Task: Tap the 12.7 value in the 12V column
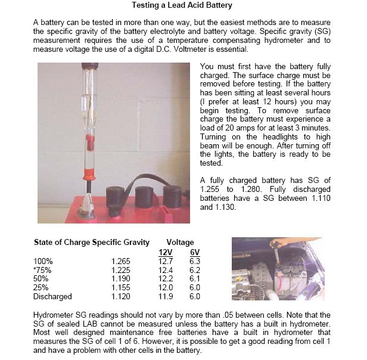pos(166,260)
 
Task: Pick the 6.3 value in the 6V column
pos(195,260)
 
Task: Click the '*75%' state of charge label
pos(44,269)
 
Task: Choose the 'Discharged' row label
pos(52,296)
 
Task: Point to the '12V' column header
pos(166,252)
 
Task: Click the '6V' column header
pos(195,252)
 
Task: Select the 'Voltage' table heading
pos(180,243)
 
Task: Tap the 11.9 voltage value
pos(166,296)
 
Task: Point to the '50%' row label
pos(42,278)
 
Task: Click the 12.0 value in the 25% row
pos(166,287)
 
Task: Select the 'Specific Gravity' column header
pos(122,243)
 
